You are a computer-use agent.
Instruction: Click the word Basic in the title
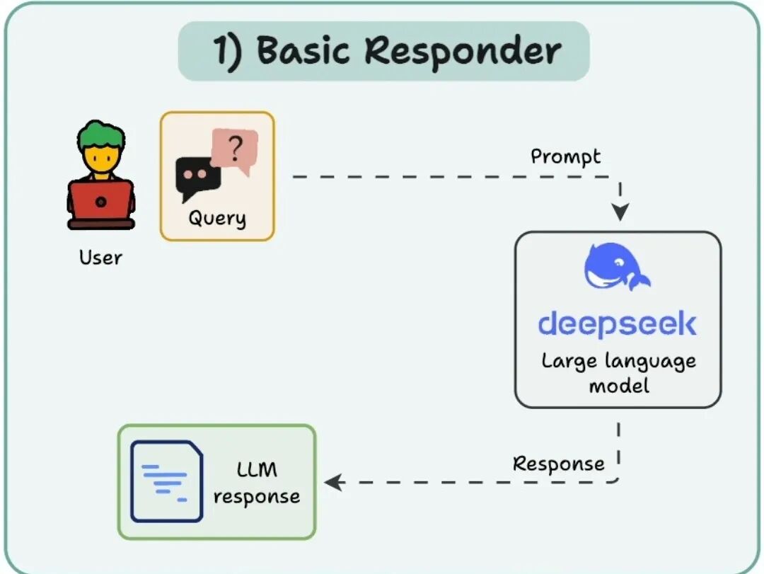(x=303, y=51)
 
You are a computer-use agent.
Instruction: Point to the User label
(x=100, y=257)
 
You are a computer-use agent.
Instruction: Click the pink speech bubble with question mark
(x=236, y=151)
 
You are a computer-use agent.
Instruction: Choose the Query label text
(x=216, y=218)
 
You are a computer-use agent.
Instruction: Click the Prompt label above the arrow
(x=565, y=156)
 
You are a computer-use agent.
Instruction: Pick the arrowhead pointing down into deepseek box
(x=620, y=212)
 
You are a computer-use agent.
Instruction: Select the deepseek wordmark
(x=617, y=324)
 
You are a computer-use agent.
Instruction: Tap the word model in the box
(x=618, y=386)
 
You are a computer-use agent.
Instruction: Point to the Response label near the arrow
(x=558, y=464)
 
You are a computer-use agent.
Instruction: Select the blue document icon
(x=166, y=481)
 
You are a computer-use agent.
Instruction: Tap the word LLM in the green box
(x=256, y=470)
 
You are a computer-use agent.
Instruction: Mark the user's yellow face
(x=100, y=157)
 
